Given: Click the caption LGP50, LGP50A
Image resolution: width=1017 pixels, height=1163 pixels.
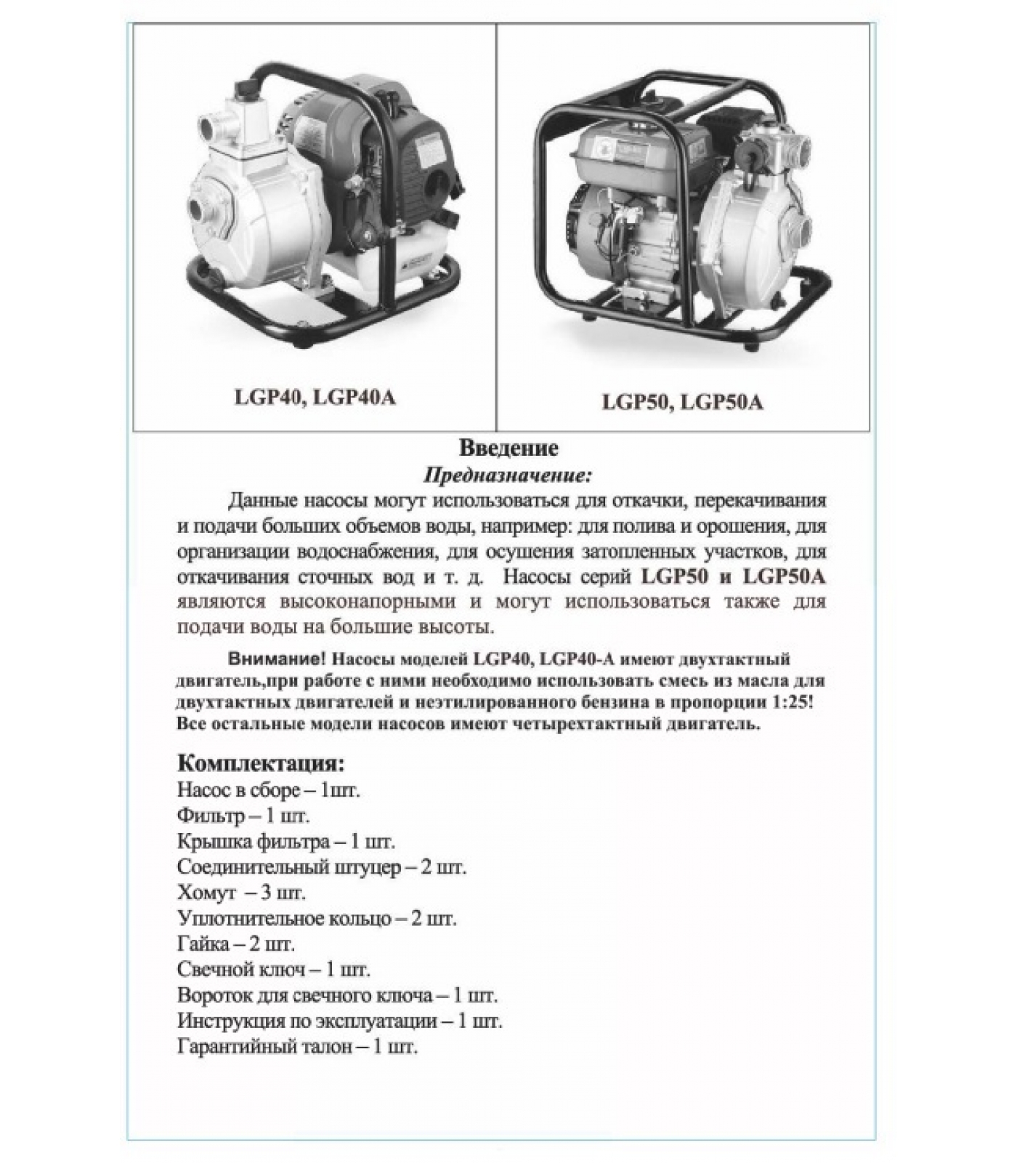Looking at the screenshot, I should click(x=682, y=402).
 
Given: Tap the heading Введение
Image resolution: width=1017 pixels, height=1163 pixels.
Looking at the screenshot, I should click(x=508, y=448).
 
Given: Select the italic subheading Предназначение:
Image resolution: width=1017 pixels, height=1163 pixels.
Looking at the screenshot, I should click(x=508, y=476).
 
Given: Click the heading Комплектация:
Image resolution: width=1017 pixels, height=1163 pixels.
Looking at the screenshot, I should click(x=261, y=764).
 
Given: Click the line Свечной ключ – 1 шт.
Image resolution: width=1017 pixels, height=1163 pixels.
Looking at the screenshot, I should click(x=273, y=970).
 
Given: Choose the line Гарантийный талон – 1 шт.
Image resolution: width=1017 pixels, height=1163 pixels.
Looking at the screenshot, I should click(x=297, y=1047).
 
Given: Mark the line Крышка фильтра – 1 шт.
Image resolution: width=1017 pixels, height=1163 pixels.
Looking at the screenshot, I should click(x=285, y=842).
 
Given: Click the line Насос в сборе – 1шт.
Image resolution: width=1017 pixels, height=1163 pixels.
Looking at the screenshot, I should click(x=268, y=789).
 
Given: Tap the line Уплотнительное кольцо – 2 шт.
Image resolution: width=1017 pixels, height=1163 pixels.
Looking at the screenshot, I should click(x=317, y=918).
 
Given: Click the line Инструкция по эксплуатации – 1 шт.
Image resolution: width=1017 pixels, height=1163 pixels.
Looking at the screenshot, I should click(x=339, y=1021).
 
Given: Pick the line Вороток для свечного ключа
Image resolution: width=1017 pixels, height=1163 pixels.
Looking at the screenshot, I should click(x=337, y=996).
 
